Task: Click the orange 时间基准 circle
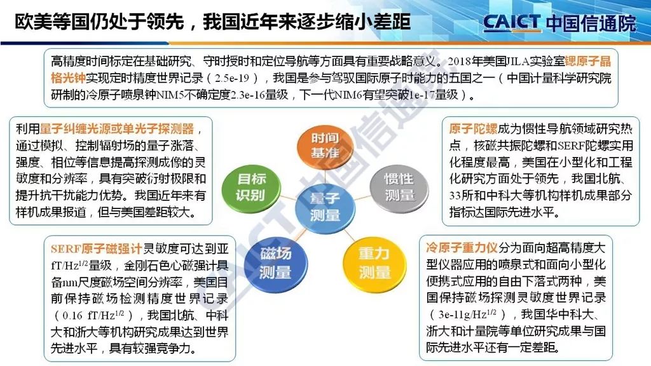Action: [x=325, y=146]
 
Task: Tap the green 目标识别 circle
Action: [x=250, y=187]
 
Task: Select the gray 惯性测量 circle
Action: [x=399, y=187]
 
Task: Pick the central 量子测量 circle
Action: [x=325, y=207]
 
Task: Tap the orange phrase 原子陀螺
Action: [x=473, y=128]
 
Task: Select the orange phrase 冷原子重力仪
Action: [x=462, y=248]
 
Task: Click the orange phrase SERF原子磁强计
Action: [x=97, y=249]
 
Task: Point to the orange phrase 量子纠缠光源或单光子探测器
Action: [x=117, y=129]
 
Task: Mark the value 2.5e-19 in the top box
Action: [x=232, y=78]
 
